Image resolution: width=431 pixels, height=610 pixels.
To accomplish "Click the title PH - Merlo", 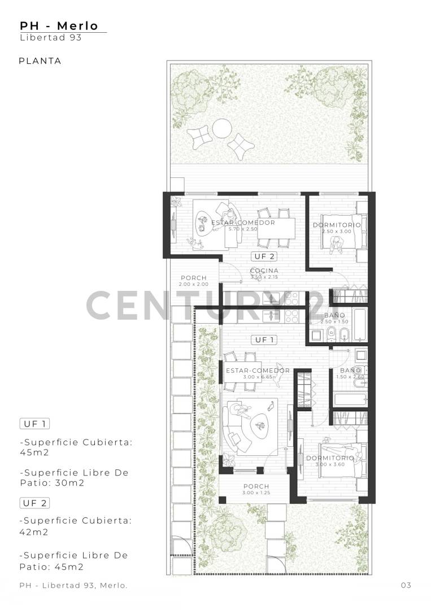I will point(59,26).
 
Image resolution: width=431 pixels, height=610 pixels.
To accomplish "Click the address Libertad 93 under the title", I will point(51,38).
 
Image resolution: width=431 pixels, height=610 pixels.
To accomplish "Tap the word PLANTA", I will point(40,61).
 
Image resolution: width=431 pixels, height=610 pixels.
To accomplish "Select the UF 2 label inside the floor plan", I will point(264,256).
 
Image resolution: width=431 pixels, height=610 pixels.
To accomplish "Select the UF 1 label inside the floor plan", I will point(264,339).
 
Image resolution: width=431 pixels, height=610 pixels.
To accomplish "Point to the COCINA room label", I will point(264,271).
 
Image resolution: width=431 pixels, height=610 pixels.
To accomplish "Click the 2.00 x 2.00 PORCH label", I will point(194,281).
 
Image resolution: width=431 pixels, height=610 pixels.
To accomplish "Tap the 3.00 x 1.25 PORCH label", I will point(256,489).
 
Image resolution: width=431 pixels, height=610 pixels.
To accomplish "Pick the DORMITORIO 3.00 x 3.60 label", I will point(330,461).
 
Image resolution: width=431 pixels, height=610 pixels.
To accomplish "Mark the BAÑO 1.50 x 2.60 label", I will point(351,373).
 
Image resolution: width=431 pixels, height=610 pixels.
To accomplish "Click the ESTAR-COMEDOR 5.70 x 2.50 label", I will point(243,225).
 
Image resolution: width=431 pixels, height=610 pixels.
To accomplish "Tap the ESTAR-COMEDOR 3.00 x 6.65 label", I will point(250,373).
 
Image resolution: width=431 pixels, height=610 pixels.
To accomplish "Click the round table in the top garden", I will point(221,129).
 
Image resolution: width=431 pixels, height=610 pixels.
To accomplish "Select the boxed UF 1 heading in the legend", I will point(35,424).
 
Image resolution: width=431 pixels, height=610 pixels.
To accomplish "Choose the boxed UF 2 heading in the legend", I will point(35,503).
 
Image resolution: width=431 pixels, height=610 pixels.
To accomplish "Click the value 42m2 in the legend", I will point(34,531).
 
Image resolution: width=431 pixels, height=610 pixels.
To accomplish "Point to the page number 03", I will point(406,585).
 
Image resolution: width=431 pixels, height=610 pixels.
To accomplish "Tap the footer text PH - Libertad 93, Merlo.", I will point(73,585).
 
